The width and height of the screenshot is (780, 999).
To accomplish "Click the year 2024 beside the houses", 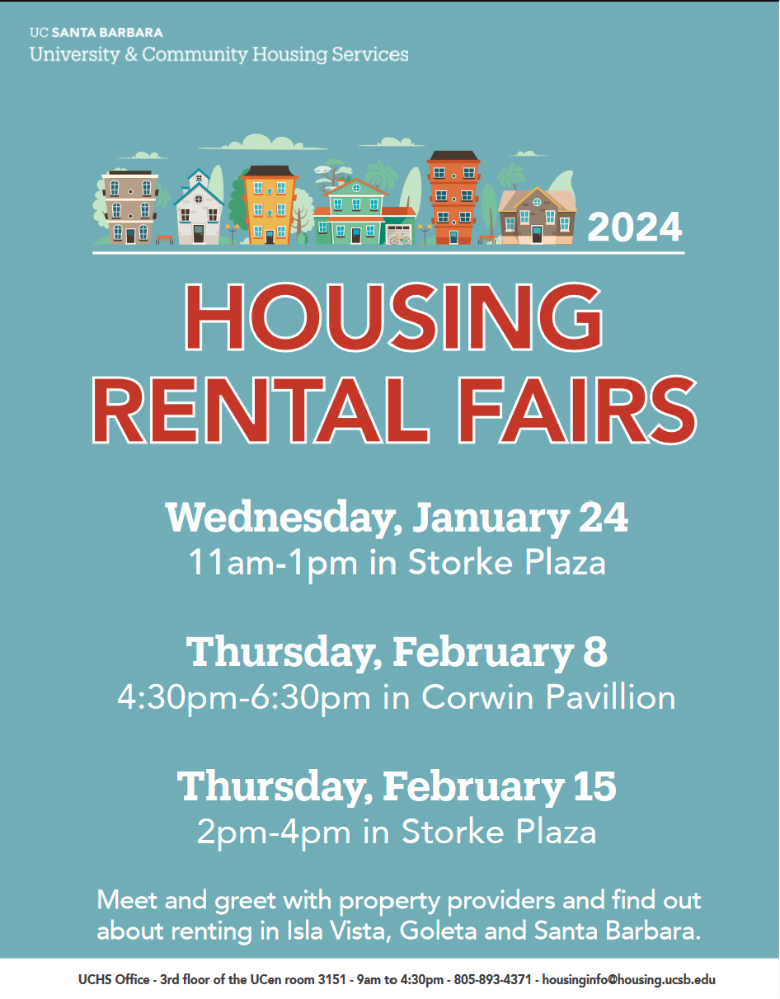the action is point(634,227).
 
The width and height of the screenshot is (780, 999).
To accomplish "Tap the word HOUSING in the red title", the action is point(393,317).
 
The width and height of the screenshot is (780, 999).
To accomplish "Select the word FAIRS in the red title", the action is point(577,410).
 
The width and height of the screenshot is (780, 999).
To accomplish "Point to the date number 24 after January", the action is point(603,517).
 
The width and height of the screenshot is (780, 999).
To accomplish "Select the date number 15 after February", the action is point(594,786).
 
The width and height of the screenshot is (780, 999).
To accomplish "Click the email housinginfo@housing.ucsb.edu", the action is point(628,979).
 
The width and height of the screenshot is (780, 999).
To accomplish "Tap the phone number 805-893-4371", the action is point(492,979).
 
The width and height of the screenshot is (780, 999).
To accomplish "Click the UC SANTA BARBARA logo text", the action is point(96,33).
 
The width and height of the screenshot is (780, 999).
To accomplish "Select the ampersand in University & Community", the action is point(131,54).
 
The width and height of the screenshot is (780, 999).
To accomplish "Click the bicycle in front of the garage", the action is point(400,239).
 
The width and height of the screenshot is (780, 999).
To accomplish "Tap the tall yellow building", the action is point(270,205).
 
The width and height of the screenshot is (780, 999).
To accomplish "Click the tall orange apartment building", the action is point(453,198).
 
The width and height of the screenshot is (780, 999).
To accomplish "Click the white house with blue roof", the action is point(198,208).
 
